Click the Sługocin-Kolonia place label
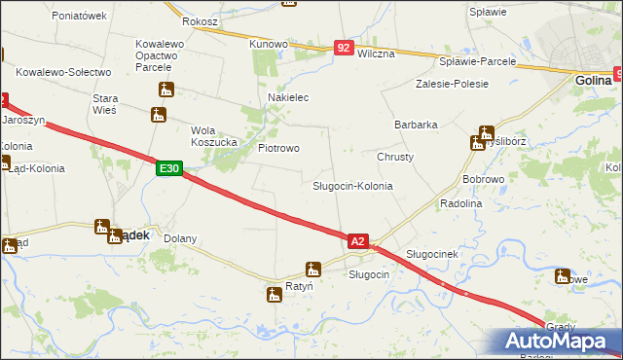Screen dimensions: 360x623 (352, 185)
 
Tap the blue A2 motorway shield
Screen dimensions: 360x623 (357, 241)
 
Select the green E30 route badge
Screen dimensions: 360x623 (168, 169)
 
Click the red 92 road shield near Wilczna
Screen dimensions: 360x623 (343, 47)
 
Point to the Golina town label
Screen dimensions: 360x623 (592, 82)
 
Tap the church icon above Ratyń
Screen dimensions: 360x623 (312, 270)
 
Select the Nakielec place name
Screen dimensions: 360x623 (288, 98)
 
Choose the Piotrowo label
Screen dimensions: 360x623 (277, 148)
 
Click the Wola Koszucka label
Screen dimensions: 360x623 (215, 136)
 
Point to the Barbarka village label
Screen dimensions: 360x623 (416, 126)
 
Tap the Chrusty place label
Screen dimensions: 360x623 (395, 157)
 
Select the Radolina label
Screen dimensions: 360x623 (461, 203)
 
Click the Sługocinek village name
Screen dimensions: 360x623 (431, 253)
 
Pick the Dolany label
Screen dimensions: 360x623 (180, 238)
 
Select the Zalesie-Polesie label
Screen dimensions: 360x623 (452, 84)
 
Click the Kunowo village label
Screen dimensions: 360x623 (269, 44)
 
